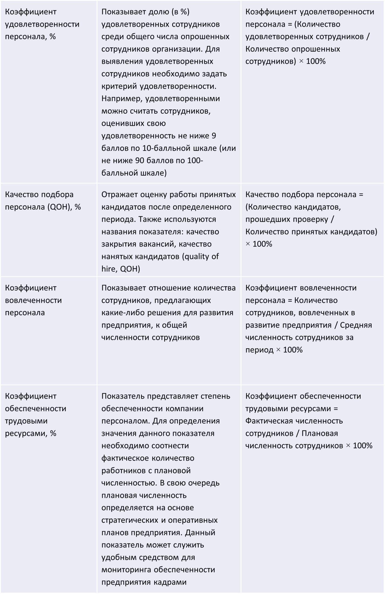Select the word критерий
pos(119,86)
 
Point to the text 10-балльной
pos(166,148)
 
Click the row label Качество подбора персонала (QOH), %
pos(43,201)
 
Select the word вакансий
pos(157,244)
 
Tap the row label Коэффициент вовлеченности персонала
pos(33,300)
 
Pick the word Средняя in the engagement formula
pos(356,325)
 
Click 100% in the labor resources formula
pos(363,446)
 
